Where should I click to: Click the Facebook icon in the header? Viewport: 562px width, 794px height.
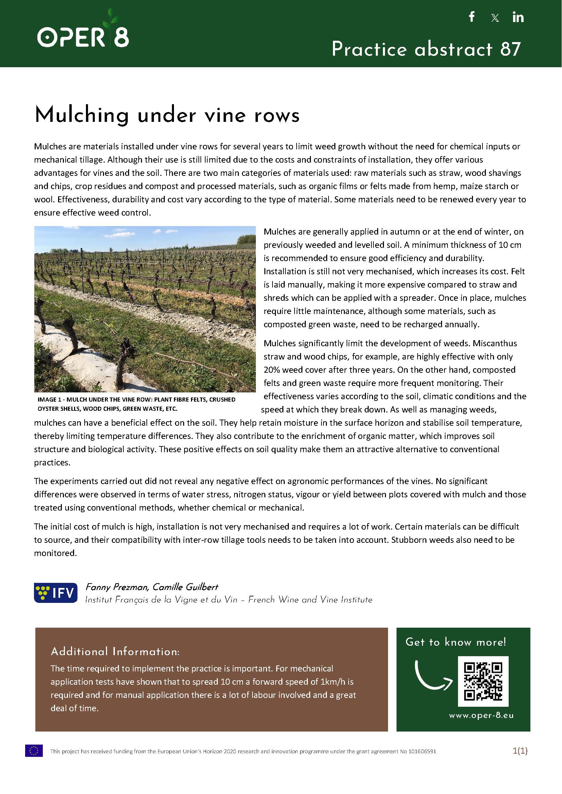click(x=471, y=17)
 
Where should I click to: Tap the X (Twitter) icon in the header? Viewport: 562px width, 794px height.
click(x=495, y=18)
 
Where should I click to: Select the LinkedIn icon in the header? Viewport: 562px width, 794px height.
click(x=518, y=17)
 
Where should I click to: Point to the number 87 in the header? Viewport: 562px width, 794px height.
click(x=510, y=49)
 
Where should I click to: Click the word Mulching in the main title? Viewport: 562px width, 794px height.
click(x=82, y=115)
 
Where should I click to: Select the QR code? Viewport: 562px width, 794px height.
click(x=483, y=681)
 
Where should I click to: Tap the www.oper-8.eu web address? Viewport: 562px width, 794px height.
click(x=481, y=716)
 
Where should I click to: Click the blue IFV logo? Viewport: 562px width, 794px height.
click(x=55, y=593)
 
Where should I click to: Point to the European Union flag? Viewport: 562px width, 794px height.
click(x=34, y=751)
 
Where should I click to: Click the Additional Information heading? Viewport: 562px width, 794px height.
click(x=115, y=651)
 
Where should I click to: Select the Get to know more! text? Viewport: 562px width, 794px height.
click(x=456, y=642)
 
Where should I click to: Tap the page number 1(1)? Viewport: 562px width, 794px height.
click(x=520, y=751)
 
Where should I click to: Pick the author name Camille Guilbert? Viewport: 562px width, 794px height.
click(x=186, y=587)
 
